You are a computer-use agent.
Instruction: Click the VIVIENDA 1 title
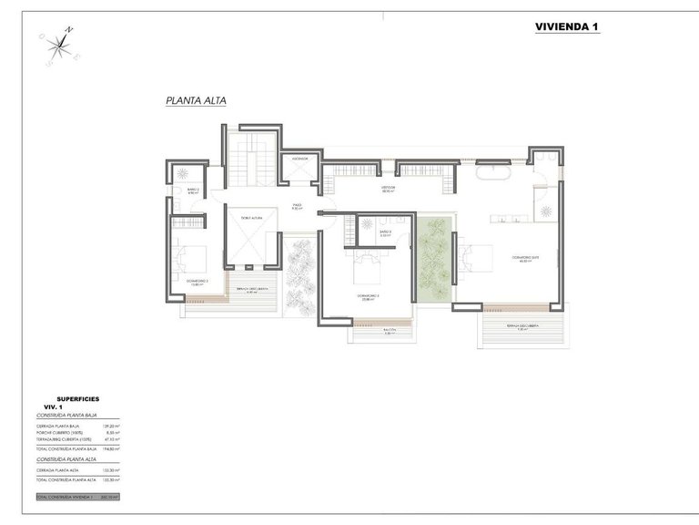pos(566,27)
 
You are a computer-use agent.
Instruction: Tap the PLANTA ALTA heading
pos(196,102)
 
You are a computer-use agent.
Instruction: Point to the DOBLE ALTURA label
pos(251,218)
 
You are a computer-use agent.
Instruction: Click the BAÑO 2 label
pos(192,190)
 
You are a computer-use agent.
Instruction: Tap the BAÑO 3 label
pos(385,233)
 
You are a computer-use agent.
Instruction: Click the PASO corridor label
pos(297,206)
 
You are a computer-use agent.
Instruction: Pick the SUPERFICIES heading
pos(77,398)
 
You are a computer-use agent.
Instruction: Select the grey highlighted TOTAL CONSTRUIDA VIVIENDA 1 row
pos(77,497)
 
